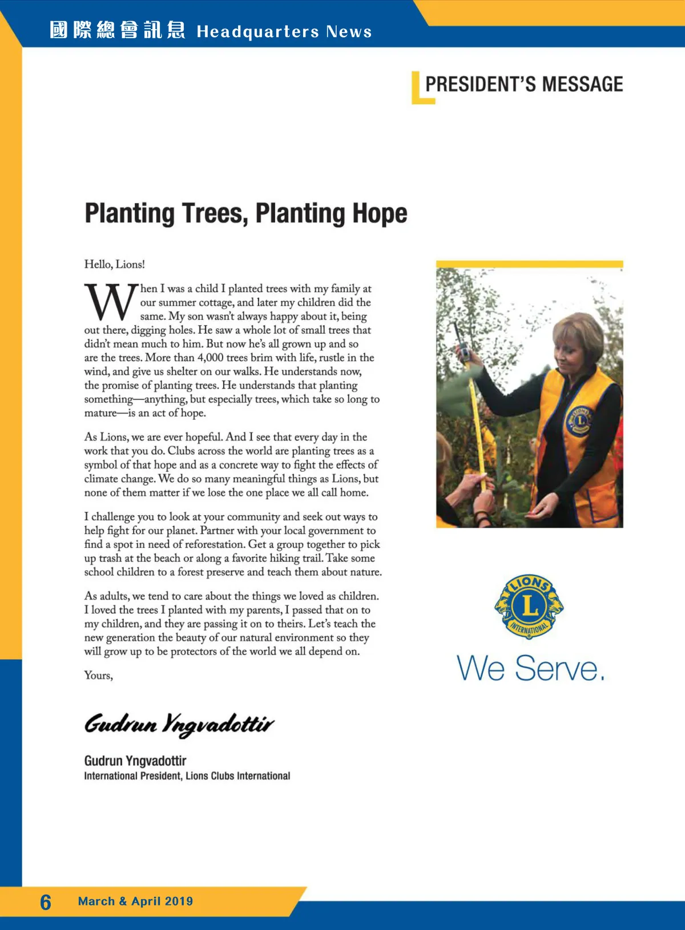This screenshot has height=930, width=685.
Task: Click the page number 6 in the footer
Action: tap(46, 902)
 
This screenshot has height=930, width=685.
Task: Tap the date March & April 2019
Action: tap(135, 901)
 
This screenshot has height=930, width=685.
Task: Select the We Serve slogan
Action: tap(530, 668)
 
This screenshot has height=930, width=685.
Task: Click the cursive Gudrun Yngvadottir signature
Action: tap(179, 724)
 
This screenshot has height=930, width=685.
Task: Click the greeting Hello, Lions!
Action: tap(115, 264)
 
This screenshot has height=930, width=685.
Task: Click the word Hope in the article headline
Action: tap(380, 213)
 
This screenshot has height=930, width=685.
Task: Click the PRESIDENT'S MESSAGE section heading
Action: tap(524, 84)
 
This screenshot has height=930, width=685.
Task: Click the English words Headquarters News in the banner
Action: tap(284, 31)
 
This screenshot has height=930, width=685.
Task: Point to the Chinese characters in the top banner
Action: tap(117, 30)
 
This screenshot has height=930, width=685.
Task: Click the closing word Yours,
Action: tap(99, 676)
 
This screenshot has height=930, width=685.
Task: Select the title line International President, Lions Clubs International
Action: tap(187, 776)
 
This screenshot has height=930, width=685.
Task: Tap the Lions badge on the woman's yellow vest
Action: tap(579, 420)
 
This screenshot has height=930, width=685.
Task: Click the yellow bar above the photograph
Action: tap(529, 264)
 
